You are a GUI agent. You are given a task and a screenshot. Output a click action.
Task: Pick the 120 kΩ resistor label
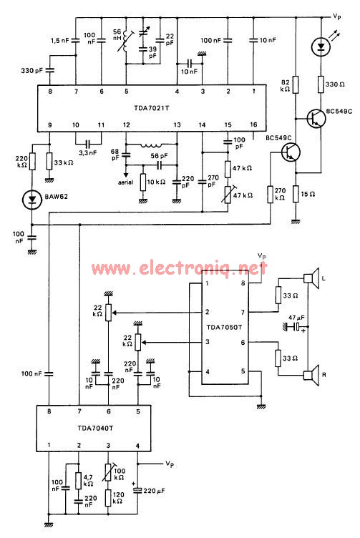(120, 498)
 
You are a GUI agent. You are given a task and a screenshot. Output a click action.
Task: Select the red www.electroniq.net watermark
(178, 269)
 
